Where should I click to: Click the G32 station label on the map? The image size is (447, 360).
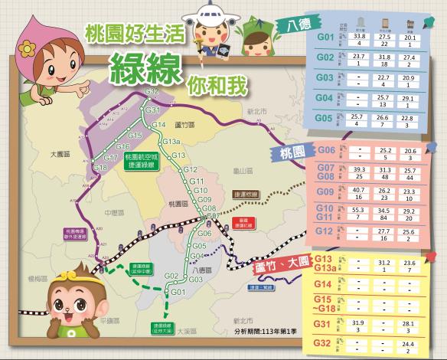[x=152, y=91]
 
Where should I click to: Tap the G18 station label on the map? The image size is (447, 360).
[x=100, y=166]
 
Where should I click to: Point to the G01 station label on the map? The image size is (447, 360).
[x=178, y=293]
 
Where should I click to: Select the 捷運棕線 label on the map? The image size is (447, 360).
[x=245, y=195]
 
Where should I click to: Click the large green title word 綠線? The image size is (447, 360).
[x=144, y=70]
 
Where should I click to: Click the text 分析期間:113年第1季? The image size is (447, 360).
[x=269, y=333]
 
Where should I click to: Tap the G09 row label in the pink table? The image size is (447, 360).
[x=326, y=191]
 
